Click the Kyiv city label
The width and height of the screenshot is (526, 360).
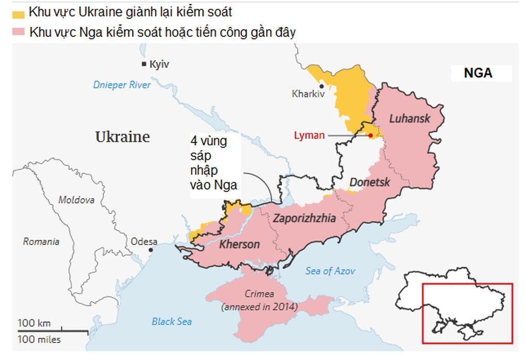point(159,64)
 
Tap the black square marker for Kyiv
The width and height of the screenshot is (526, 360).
point(144,64)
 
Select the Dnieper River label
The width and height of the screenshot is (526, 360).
point(122,85)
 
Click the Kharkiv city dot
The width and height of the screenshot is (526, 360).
point(321,86)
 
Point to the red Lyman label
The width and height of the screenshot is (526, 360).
point(309,136)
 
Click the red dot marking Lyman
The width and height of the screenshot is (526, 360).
point(370,135)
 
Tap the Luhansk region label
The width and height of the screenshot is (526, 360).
point(409,119)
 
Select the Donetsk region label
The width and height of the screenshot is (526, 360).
point(369,183)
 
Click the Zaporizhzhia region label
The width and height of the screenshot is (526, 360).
point(304,218)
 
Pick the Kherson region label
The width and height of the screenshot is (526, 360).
point(239,244)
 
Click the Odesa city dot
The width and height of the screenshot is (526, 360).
point(151,250)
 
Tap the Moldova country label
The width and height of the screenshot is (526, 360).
point(76,200)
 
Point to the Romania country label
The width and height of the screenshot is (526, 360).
point(41,241)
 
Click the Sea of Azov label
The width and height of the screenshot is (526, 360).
point(330,271)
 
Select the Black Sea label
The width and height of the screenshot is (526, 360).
point(172,321)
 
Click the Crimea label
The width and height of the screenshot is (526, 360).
point(259,294)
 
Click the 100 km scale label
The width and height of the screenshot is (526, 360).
point(34,323)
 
